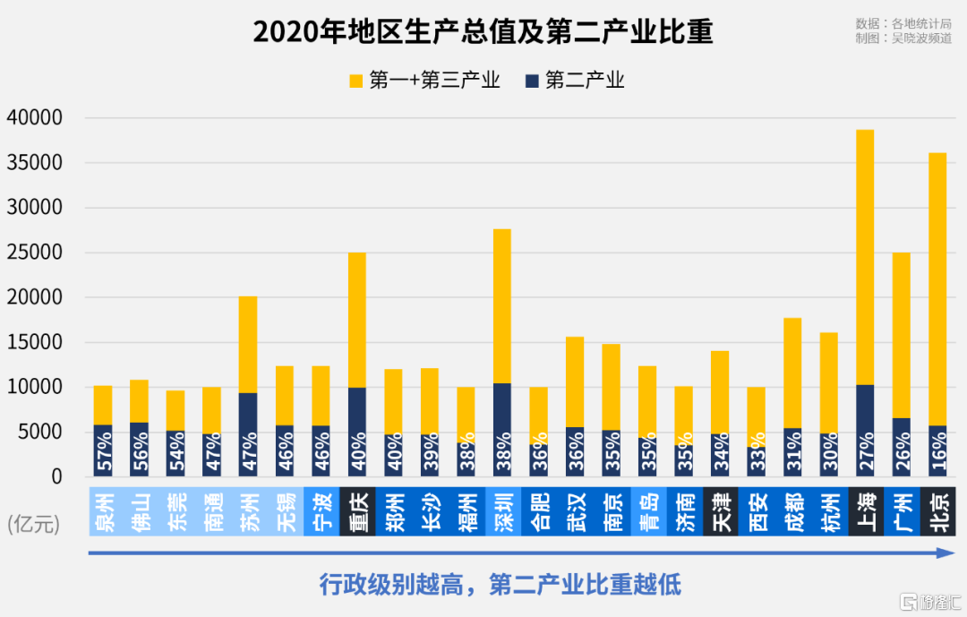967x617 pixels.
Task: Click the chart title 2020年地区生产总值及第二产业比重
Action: (483, 32)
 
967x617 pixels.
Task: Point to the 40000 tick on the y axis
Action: (35, 118)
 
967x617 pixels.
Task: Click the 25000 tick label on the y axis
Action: (35, 253)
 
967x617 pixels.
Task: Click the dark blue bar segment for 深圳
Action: (502, 430)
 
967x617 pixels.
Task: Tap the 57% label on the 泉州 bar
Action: (104, 454)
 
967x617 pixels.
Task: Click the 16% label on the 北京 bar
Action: (937, 454)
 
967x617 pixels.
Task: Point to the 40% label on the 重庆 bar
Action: (357, 454)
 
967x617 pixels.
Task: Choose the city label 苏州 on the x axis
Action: (248, 511)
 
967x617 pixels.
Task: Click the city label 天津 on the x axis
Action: (721, 511)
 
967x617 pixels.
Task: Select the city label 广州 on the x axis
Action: (902, 511)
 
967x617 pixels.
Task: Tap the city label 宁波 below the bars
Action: (321, 511)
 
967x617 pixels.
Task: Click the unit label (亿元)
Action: (34, 525)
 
